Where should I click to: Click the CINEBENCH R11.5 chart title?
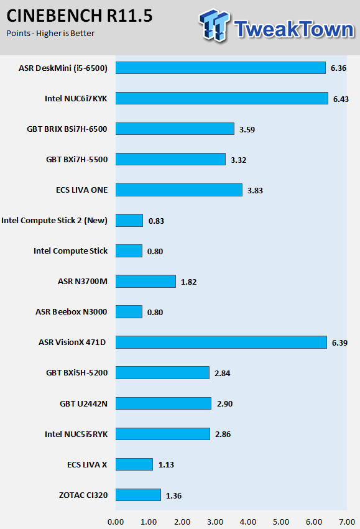(80, 16)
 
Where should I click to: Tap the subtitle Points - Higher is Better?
(50, 34)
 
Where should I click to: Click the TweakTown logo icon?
(214, 25)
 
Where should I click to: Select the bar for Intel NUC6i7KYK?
(222, 98)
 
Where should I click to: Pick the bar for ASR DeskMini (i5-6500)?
(221, 68)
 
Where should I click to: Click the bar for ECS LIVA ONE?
(179, 190)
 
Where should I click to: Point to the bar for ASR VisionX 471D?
(221, 342)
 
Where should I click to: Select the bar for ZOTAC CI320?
(138, 495)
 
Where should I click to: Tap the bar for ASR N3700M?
(145, 282)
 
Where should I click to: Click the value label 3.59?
(247, 129)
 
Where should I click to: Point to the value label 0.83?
(156, 221)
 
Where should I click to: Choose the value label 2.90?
(224, 404)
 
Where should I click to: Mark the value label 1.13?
(167, 465)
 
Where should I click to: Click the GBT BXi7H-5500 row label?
(77, 160)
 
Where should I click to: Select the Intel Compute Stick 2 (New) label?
(54, 221)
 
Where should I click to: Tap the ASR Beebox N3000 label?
(71, 311)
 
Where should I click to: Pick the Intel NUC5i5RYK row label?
(76, 434)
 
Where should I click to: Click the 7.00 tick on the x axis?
(347, 522)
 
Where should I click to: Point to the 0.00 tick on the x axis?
(116, 522)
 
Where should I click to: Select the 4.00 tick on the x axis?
(248, 522)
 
